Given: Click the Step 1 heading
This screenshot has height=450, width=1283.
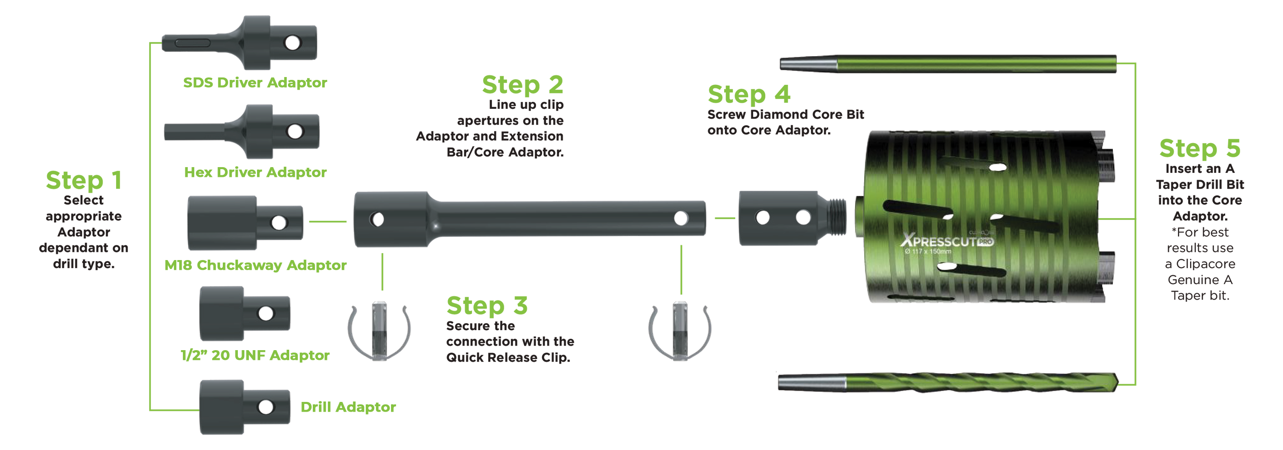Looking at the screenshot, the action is click(83, 180).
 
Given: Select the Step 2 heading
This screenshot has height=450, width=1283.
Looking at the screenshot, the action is click(523, 85).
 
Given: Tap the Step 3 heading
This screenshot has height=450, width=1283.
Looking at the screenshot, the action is click(487, 305).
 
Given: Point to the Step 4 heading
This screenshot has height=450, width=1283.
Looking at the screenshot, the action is click(749, 94).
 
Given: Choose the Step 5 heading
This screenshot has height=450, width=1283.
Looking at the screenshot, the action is click(1200, 148).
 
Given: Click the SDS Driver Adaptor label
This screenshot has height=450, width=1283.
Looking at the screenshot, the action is click(255, 83).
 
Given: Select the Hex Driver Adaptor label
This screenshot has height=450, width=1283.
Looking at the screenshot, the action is click(255, 172).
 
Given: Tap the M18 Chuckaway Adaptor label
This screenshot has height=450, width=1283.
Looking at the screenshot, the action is click(255, 265).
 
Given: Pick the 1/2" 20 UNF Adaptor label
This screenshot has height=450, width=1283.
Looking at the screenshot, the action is click(255, 355).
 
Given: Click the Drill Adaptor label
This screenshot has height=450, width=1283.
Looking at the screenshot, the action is click(348, 407).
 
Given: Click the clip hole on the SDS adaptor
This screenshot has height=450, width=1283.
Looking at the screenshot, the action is click(292, 42).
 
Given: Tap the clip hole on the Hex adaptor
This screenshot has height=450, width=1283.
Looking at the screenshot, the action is click(295, 132).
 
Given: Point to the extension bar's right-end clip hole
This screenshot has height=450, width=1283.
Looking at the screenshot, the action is click(681, 218).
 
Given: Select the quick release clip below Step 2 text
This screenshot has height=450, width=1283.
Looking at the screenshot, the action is click(379, 331).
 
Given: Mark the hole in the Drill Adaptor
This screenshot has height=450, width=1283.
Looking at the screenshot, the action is click(266, 407).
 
